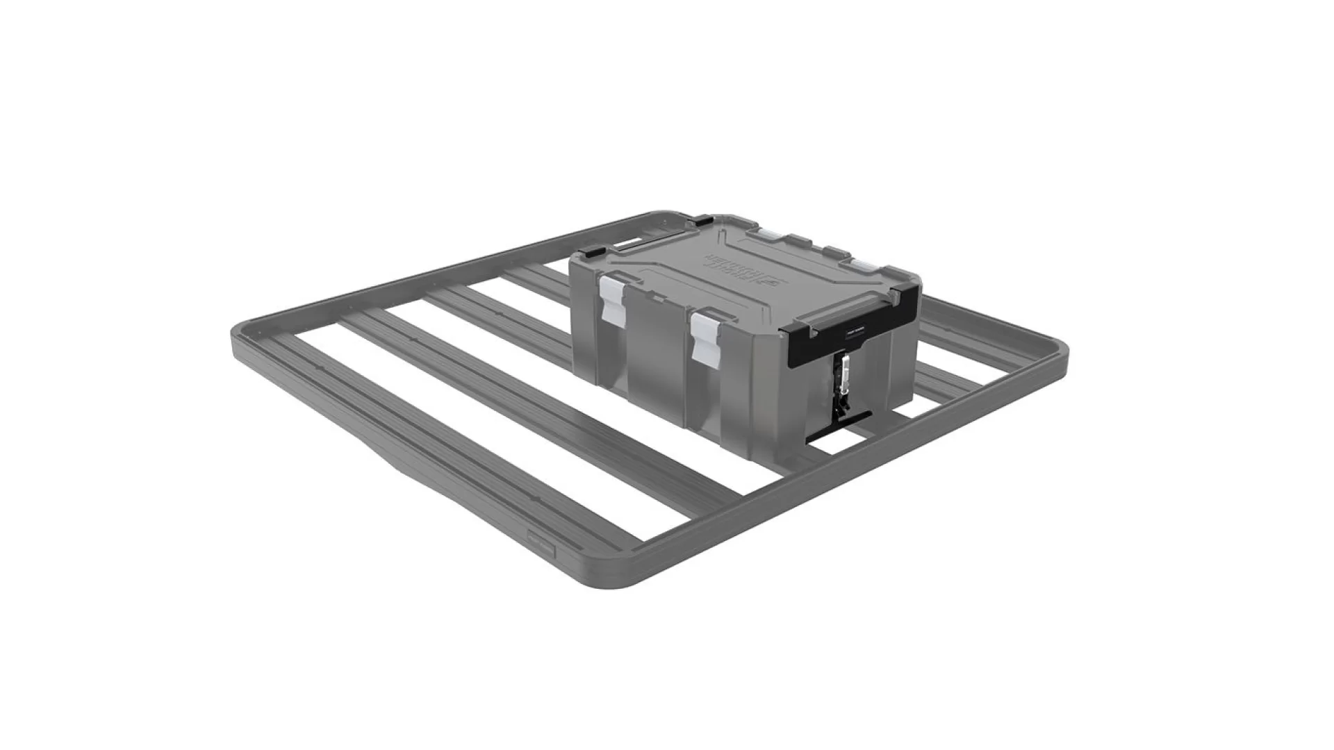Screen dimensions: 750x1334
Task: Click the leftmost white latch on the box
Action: pyautogui.click(x=611, y=299)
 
